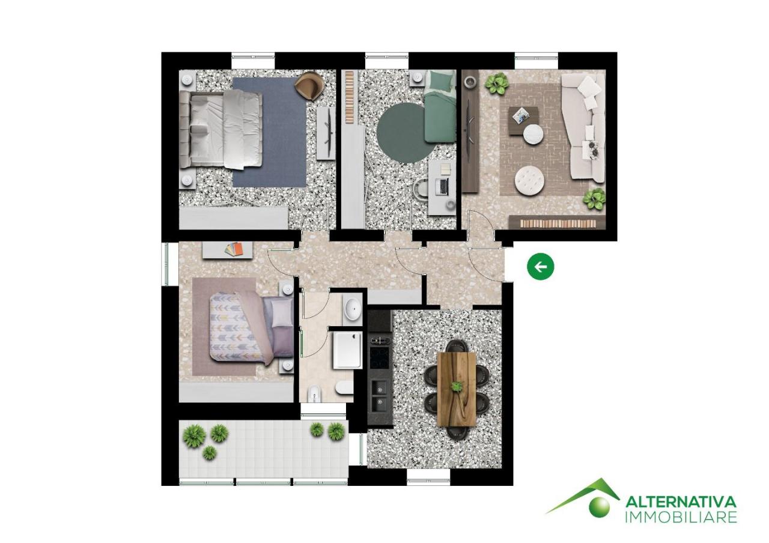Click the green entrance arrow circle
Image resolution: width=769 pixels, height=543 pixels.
[541, 267]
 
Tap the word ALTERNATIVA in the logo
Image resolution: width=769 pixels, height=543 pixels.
[681, 502]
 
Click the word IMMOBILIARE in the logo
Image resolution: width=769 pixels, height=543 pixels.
[681, 517]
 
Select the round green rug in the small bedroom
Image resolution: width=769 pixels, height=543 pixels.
[401, 133]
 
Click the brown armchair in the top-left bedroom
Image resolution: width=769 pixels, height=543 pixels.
[308, 86]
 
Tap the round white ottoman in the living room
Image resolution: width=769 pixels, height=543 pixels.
[529, 179]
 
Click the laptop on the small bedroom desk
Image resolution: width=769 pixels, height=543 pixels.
[443, 186]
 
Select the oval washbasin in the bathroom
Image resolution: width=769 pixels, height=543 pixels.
[352, 309]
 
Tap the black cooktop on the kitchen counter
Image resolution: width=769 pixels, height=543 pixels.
[380, 358]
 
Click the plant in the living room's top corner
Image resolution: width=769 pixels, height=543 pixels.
[496, 83]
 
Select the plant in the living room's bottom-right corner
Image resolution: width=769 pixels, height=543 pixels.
[594, 199]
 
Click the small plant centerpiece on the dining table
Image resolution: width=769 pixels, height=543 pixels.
[457, 386]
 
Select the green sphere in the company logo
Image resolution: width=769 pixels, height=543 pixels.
[598, 506]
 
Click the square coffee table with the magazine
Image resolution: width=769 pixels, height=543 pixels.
[521, 118]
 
